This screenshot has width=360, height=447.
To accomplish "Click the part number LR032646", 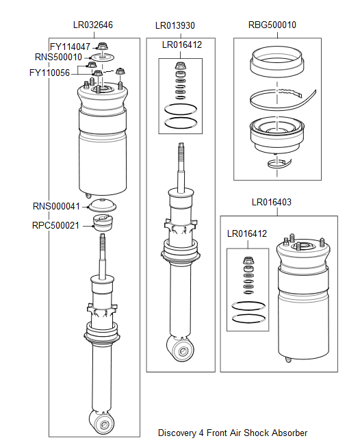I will pyautogui.click(x=93, y=25).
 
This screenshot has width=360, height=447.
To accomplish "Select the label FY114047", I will pyautogui.click(x=70, y=47).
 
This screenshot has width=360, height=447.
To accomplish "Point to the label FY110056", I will pyautogui.click(x=49, y=73).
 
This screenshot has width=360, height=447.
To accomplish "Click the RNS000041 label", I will pyautogui.click(x=56, y=206).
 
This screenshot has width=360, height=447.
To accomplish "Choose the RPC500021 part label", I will pyautogui.click(x=56, y=225).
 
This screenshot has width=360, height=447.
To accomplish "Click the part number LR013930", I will pyautogui.click(x=175, y=25).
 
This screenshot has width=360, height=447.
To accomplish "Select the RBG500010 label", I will pyautogui.click(x=272, y=25).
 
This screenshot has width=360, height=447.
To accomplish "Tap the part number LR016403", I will pyautogui.click(x=272, y=202).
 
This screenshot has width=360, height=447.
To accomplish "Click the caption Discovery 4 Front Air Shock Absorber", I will pyautogui.click(x=233, y=433).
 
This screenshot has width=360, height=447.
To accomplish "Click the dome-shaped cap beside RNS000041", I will pyautogui.click(x=103, y=205).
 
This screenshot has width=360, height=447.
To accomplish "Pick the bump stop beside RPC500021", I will pyautogui.click(x=103, y=223).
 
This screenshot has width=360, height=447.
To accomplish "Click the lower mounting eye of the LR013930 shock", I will pyautogui.click(x=181, y=351).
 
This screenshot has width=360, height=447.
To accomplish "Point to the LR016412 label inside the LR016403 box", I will pyautogui.click(x=246, y=233).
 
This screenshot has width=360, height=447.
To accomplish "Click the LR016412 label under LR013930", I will pyautogui.click(x=181, y=44).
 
